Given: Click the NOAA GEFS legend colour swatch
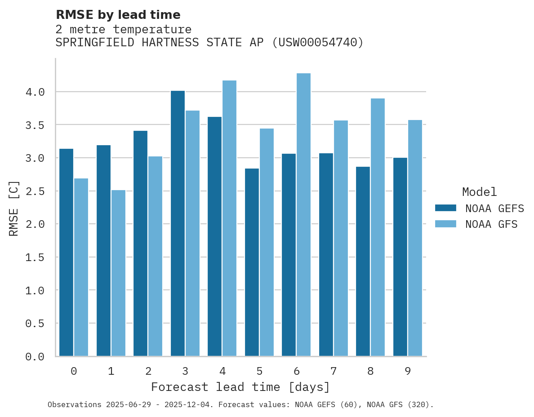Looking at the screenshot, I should [x=445, y=208].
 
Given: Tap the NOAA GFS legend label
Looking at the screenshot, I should [x=491, y=224].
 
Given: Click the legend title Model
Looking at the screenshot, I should [x=479, y=192].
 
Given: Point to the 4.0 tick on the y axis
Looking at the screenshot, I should [x=35, y=92].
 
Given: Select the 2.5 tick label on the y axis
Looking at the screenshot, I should [x=35, y=191].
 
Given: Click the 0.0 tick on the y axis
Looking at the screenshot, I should [x=35, y=357].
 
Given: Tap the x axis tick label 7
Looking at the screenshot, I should [x=334, y=371].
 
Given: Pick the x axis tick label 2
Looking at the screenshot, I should [x=148, y=371].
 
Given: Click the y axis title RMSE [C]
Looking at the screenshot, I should [x=14, y=208].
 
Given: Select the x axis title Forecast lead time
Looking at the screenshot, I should [x=240, y=387].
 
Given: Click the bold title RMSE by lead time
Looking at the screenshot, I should [x=118, y=15].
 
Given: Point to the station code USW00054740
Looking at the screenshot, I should [x=318, y=43].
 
